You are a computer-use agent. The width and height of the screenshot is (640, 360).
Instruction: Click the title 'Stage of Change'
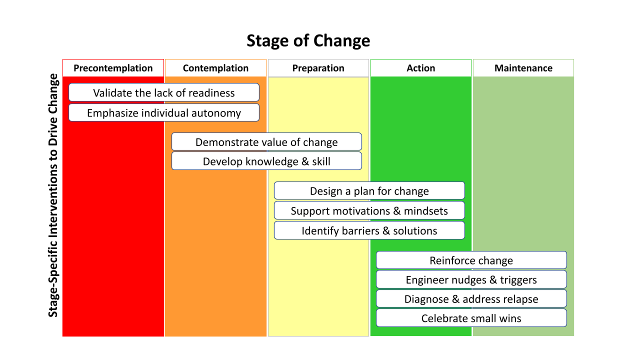[308, 40]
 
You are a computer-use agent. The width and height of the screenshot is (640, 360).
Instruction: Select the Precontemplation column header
[113, 68]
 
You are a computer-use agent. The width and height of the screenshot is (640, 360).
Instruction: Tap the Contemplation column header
[215, 68]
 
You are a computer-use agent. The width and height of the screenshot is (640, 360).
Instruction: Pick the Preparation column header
[318, 68]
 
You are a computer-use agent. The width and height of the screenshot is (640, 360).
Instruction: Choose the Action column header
[420, 68]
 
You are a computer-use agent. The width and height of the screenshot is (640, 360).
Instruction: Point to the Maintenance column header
[523, 68]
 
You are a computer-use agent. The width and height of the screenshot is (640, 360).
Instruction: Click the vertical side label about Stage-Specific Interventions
[53, 195]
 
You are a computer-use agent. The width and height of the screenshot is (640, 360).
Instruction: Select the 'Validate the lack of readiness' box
[164, 92]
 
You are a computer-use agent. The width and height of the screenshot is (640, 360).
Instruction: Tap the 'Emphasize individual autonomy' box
[164, 113]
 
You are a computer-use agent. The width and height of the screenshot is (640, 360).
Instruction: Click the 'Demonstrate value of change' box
[266, 142]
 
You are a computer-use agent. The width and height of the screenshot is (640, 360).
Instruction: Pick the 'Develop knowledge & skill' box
[266, 161]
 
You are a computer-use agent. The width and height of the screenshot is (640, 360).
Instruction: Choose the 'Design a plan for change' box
[369, 191]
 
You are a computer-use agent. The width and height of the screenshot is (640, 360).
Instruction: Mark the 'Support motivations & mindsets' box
[369, 210]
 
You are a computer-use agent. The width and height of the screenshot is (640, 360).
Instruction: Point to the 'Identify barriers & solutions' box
[369, 230]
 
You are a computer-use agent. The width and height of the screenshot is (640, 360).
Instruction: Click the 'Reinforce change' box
[471, 260]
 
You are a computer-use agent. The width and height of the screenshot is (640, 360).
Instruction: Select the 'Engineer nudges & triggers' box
[471, 280]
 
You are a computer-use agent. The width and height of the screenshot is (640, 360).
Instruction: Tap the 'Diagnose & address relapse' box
[471, 299]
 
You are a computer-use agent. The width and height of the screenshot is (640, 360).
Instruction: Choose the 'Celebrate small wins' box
[471, 318]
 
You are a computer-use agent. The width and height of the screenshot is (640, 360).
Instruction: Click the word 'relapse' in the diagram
[521, 299]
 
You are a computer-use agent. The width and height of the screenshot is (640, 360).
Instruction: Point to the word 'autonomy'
[218, 113]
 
